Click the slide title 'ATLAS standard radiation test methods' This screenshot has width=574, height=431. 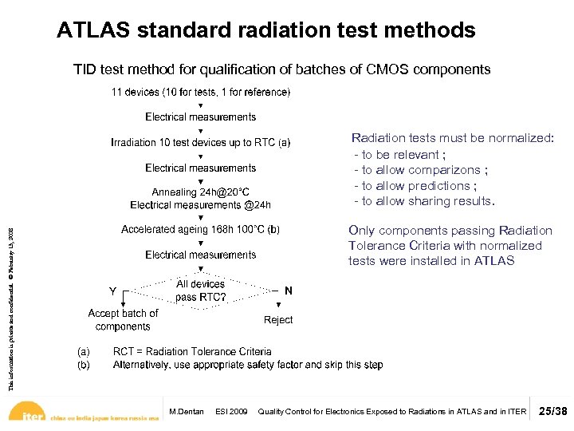point(266,31)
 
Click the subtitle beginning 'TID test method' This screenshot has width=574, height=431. point(281,69)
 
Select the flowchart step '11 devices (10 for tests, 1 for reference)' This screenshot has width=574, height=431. point(201,93)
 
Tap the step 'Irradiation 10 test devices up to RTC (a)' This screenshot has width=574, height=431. point(201,143)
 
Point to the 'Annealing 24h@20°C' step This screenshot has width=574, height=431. point(201,192)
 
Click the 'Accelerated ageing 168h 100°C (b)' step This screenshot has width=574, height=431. point(201,230)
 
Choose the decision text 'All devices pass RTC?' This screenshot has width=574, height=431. point(201,291)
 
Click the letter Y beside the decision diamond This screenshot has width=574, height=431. point(113,291)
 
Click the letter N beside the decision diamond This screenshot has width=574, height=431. point(288,291)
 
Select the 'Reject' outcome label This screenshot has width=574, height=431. point(278,320)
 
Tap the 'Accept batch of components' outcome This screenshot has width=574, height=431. point(123,319)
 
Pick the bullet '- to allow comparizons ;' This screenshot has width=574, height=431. point(421,170)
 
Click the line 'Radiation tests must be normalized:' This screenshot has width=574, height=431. point(452,138)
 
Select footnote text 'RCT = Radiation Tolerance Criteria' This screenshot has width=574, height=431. point(192,351)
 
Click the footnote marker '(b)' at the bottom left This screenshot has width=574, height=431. point(83,365)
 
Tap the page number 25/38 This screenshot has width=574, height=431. point(553,412)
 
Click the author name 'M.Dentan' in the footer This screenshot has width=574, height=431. point(187,412)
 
